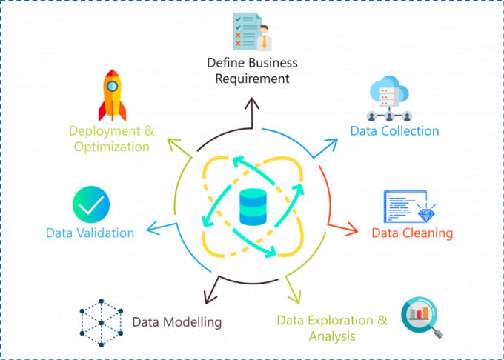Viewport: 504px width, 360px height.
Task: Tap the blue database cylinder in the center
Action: point(253,208)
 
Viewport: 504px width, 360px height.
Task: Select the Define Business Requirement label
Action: point(252,70)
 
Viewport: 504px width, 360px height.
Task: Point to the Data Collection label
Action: point(394,131)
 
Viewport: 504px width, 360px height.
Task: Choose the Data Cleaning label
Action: point(412,233)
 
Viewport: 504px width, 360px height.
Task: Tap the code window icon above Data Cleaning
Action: point(407,207)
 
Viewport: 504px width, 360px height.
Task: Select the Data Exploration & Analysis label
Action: point(332,328)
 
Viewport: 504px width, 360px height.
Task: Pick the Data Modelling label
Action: point(176,322)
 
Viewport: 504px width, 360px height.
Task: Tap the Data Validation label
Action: point(90,233)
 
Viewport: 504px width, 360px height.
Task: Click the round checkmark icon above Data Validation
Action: point(91,204)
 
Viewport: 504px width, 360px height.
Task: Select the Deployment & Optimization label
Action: point(111,139)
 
